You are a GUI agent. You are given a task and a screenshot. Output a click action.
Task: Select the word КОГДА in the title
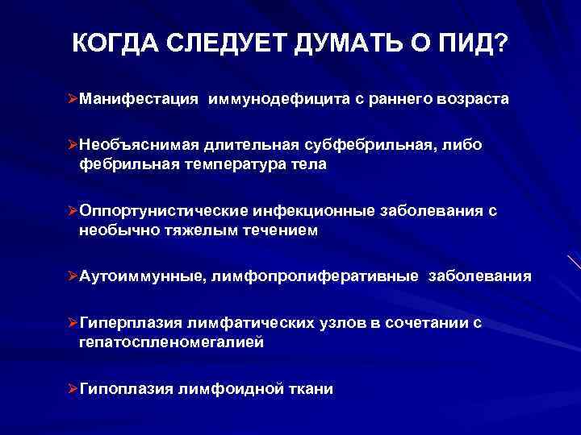click(x=114, y=43)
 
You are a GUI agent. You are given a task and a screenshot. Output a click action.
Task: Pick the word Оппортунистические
click(x=161, y=212)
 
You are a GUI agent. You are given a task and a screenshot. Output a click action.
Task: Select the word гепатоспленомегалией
click(x=171, y=342)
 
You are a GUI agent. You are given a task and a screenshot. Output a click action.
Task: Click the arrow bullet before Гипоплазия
click(x=72, y=389)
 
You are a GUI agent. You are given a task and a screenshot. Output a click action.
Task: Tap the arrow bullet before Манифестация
click(x=72, y=99)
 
